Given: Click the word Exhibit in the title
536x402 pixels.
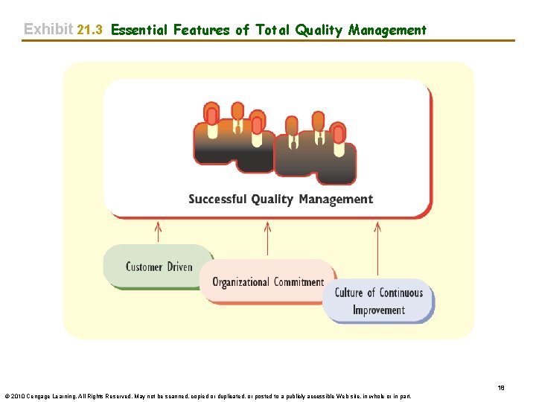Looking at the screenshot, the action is tap(48, 30).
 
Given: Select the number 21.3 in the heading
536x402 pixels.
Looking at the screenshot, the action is tap(89, 30).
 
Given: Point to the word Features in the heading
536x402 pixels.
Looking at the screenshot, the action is tap(201, 30).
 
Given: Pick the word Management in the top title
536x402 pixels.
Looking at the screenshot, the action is tap(387, 30).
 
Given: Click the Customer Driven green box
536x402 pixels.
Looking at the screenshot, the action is tap(159, 267).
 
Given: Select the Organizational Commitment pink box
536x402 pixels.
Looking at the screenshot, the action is tap(268, 281).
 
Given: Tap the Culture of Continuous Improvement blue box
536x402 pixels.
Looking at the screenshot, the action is tap(378, 301).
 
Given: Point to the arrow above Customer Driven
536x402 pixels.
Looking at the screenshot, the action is tap(158, 231).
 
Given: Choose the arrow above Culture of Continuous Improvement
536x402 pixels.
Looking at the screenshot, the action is tap(378, 249).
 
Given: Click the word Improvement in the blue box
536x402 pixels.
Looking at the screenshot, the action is tap(378, 310).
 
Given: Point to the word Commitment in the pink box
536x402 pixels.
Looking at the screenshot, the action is tap(299, 282).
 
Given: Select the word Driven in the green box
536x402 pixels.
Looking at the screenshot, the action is tap(179, 267).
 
